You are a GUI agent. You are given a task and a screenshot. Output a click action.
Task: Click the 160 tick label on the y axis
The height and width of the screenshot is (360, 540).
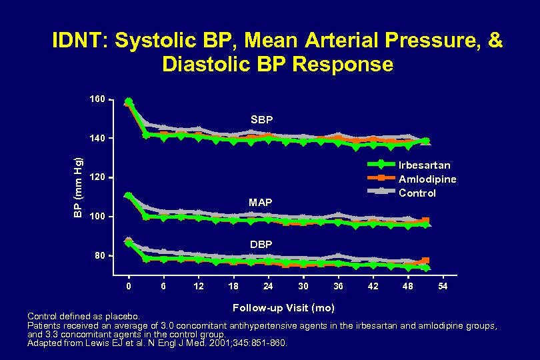point(97,99)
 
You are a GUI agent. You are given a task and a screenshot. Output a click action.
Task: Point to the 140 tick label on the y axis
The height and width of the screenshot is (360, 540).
point(97,139)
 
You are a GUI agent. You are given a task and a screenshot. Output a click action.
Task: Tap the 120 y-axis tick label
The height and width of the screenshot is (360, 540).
point(97,178)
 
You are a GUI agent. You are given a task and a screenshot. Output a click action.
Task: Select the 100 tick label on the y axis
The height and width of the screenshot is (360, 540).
point(97,217)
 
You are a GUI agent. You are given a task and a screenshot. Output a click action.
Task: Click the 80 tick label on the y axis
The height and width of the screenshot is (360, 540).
point(99,256)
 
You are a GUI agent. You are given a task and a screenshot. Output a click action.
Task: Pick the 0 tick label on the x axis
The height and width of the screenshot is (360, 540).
point(129,286)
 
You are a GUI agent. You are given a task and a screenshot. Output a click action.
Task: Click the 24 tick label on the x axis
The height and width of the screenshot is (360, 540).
point(268,286)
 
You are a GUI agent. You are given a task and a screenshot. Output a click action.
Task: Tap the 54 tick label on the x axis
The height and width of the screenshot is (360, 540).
point(442,286)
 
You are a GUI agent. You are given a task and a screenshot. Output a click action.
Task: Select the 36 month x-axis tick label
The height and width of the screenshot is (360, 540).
point(338,286)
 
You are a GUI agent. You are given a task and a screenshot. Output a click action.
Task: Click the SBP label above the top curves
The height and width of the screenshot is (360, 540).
point(261,120)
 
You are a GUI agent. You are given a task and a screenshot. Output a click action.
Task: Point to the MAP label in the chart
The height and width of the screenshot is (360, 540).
point(260,202)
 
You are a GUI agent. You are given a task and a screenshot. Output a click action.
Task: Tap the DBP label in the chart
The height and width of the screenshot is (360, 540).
point(261,245)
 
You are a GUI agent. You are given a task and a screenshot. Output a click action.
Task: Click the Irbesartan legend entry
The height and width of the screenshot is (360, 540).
point(424,165)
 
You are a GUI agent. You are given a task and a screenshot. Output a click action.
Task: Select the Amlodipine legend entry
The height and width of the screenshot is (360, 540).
point(427,179)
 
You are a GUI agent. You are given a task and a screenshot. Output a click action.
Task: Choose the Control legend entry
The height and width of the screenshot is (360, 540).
point(417,193)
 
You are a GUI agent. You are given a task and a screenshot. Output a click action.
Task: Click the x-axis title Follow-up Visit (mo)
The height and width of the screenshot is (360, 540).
point(283,307)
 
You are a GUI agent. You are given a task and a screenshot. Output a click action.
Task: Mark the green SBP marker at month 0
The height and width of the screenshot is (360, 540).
point(129,102)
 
